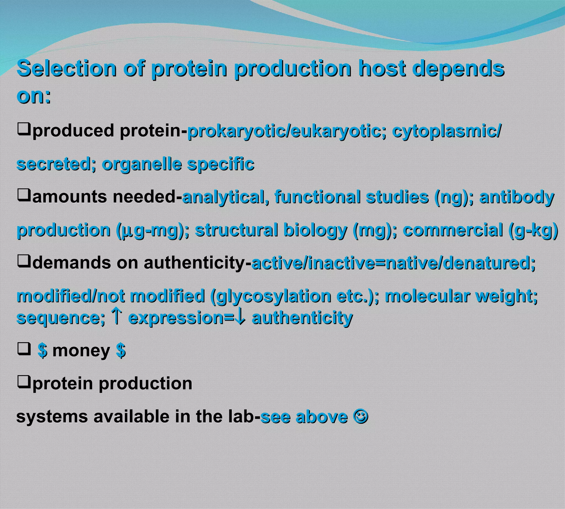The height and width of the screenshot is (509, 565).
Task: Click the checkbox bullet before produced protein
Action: [x=24, y=130]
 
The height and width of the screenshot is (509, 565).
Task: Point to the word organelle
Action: [x=142, y=164]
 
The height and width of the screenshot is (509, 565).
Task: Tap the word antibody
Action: [x=517, y=197]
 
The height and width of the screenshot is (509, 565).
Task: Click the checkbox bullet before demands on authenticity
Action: [x=24, y=262]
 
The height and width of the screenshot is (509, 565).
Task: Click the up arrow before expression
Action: [x=116, y=317]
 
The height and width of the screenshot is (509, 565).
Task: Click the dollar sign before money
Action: [x=42, y=350]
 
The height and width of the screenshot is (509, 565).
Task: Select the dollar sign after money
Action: [x=121, y=350]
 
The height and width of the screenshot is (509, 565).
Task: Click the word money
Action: [x=81, y=351]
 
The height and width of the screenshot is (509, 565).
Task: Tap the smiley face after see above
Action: [x=361, y=416]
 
